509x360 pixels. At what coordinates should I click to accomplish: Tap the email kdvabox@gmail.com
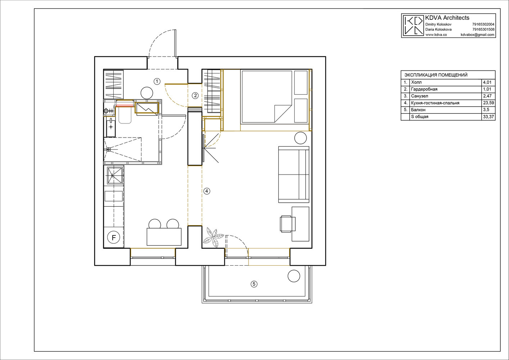click(477, 35)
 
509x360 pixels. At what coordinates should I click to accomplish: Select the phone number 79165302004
click(483, 24)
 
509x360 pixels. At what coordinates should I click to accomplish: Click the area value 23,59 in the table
click(488, 103)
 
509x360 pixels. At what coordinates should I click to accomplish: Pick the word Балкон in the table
click(418, 109)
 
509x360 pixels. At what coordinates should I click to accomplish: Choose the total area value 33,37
click(488, 117)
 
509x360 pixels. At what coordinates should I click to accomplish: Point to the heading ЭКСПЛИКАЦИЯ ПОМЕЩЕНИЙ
click(436, 75)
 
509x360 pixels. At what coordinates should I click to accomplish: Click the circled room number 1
click(157, 81)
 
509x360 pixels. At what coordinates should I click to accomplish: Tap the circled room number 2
click(195, 96)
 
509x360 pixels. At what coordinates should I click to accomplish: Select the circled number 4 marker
click(206, 191)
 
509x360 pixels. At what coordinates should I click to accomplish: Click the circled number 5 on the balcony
click(254, 284)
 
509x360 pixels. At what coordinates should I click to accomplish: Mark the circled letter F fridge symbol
click(114, 238)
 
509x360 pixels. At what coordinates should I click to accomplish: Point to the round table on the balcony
click(294, 276)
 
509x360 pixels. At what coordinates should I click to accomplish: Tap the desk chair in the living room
click(288, 224)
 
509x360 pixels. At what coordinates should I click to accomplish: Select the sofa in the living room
click(294, 175)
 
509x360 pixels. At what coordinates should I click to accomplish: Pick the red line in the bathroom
click(125, 105)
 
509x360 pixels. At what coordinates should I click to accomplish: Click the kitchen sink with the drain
click(115, 175)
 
